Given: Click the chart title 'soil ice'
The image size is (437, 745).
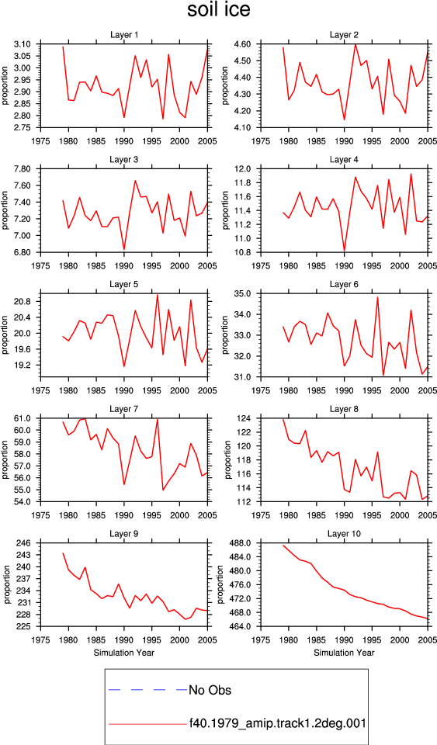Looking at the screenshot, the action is pyautogui.click(x=219, y=10).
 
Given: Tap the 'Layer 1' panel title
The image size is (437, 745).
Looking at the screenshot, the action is pyautogui.click(x=124, y=35).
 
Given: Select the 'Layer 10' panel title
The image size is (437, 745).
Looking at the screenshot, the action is pyautogui.click(x=344, y=534).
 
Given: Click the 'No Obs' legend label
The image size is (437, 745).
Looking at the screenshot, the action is pyautogui.click(x=210, y=690).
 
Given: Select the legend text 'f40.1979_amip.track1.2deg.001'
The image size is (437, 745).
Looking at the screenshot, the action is pyautogui.click(x=277, y=723).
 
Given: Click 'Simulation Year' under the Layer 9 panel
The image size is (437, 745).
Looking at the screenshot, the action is pyautogui.click(x=124, y=653).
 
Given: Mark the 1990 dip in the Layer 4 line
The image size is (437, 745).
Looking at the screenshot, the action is pyautogui.click(x=345, y=251).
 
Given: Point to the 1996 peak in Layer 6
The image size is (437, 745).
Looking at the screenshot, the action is pyautogui.click(x=378, y=297).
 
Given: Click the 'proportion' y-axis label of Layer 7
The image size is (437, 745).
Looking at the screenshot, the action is pyautogui.click(x=5, y=459).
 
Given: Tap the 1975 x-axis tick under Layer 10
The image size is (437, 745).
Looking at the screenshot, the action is pyautogui.click(x=260, y=640).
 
